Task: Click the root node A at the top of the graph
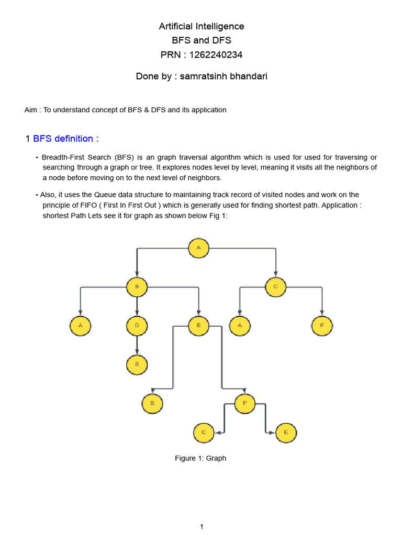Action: [199, 248]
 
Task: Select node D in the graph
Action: [137, 326]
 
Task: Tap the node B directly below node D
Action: [137, 364]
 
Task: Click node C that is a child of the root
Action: [275, 287]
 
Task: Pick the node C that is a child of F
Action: [204, 433]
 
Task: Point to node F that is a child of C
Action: [322, 326]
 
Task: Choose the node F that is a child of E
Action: [244, 403]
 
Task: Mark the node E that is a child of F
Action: [286, 433]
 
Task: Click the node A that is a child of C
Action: [240, 326]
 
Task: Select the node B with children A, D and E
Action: [137, 287]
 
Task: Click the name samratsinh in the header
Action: [202, 77]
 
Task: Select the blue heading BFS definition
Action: [65, 138]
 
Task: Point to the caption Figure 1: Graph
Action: [200, 458]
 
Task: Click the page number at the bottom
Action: [202, 527]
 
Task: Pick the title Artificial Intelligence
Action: [202, 26]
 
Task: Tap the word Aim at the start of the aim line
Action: [31, 110]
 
